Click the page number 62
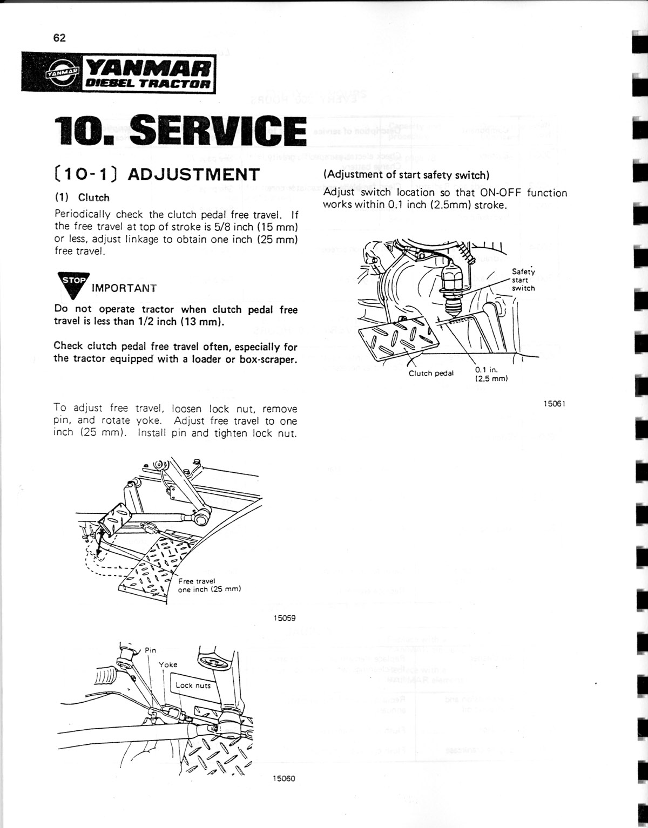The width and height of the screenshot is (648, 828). click(x=59, y=38)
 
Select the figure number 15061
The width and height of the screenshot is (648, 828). click(x=554, y=404)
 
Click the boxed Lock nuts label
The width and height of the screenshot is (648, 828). click(x=193, y=686)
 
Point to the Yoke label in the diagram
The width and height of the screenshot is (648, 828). click(x=167, y=664)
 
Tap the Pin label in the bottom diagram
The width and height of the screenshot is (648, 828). click(x=151, y=650)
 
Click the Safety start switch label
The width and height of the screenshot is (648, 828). click(x=523, y=280)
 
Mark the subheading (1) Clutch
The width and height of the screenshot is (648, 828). click(x=82, y=198)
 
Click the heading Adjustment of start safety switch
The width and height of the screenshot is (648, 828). click(x=406, y=175)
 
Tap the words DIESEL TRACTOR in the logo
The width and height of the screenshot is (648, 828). click(x=144, y=84)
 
